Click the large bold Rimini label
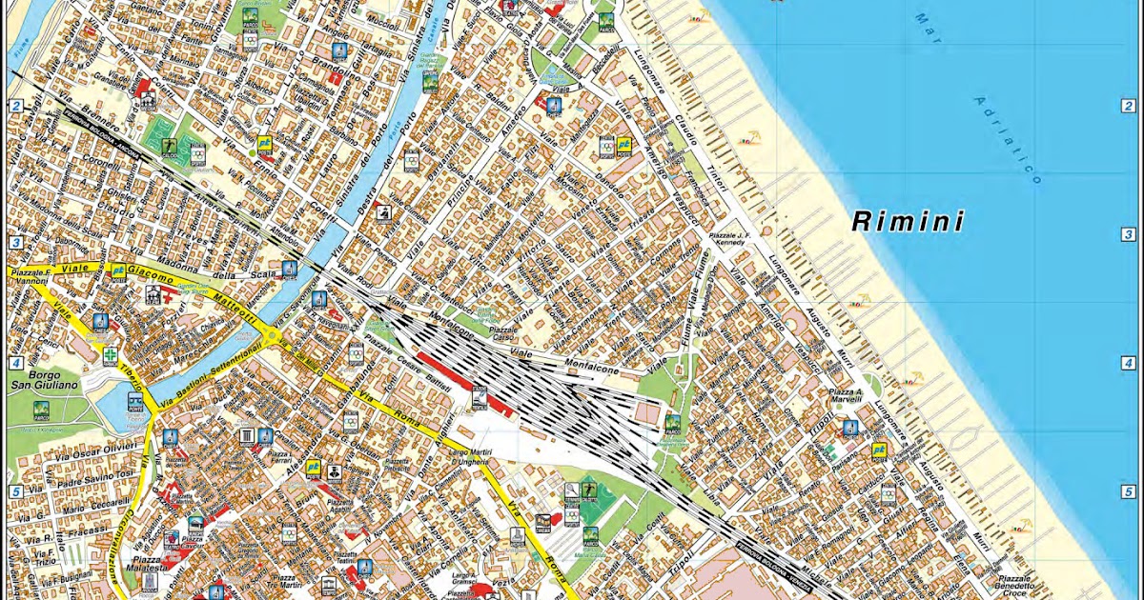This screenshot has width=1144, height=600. pyautogui.click(x=908, y=222)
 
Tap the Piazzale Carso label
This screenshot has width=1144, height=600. pyautogui.click(x=502, y=333)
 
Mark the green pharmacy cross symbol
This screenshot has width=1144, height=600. pyautogui.click(x=112, y=355)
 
